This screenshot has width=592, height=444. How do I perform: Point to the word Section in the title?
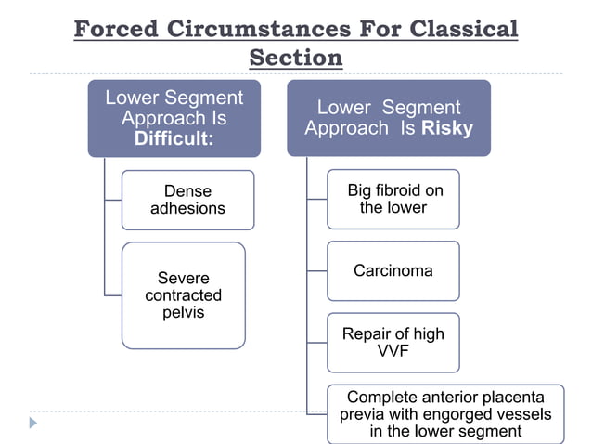click(296, 58)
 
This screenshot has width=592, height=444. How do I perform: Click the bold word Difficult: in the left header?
click(174, 139)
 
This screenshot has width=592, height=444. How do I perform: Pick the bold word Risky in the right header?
click(447, 129)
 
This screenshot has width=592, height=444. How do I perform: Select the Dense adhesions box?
click(187, 200)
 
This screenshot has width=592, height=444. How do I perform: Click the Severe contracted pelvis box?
click(183, 295)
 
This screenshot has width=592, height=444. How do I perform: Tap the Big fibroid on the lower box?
click(393, 199)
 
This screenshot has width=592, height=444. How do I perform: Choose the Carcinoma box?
click(393, 271)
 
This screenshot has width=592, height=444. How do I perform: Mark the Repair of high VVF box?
click(393, 343)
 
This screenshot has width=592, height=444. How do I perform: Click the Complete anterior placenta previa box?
click(444, 413)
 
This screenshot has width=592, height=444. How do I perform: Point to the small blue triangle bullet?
click(33, 423)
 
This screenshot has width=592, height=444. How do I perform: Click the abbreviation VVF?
click(393, 351)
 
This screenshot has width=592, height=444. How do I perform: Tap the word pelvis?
click(183, 312)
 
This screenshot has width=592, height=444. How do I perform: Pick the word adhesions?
click(187, 208)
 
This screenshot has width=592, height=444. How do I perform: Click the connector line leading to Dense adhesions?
click(113, 200)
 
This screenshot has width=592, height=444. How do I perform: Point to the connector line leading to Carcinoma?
click(317, 271)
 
